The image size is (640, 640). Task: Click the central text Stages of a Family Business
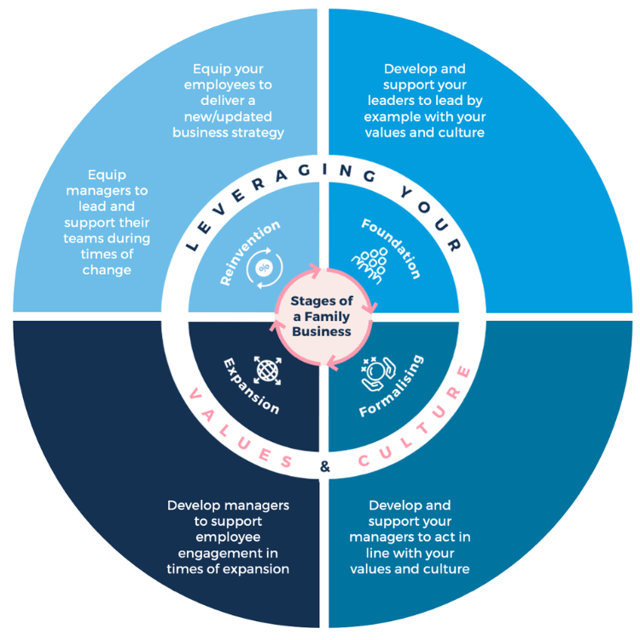coord(320,316)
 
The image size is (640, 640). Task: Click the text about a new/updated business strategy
coord(228,100)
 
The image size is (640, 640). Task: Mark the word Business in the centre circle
coord(321,331)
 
